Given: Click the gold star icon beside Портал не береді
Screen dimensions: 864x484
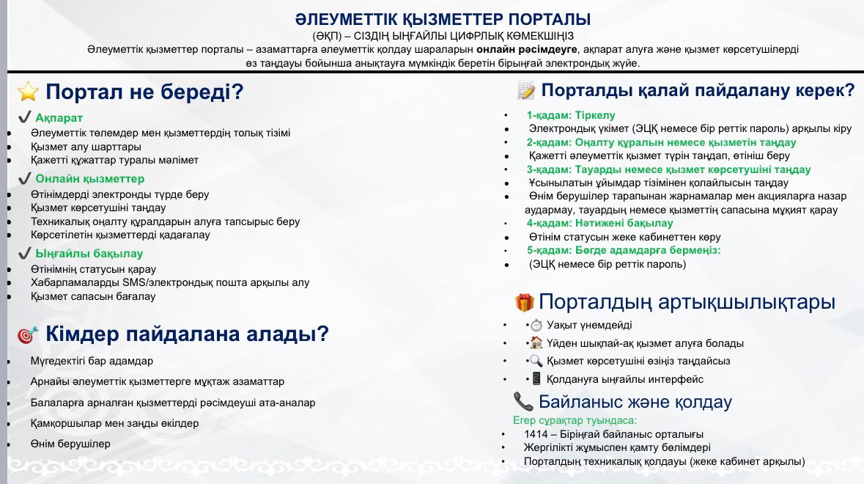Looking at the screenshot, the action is (x=28, y=92).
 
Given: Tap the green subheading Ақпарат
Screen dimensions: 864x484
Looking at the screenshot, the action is (x=59, y=117).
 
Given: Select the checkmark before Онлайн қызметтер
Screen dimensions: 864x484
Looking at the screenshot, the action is (x=24, y=178).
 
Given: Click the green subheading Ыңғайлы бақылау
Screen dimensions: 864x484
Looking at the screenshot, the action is (x=89, y=254).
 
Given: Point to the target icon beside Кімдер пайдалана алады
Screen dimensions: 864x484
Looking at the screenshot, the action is (x=28, y=334).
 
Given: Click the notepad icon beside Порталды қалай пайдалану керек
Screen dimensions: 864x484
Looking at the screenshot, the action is (x=526, y=90).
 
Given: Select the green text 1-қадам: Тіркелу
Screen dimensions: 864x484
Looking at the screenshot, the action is (x=571, y=115).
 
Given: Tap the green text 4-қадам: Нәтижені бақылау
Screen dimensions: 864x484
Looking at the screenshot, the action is (x=599, y=223).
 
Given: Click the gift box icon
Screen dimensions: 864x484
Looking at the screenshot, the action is (x=525, y=302).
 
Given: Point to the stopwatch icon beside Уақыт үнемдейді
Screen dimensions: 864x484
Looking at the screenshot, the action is (x=536, y=326).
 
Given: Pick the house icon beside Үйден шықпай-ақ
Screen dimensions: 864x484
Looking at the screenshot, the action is (x=536, y=343).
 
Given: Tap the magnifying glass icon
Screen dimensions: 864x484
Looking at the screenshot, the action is (x=536, y=361).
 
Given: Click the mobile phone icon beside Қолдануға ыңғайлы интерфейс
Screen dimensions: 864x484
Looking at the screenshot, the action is (x=536, y=378).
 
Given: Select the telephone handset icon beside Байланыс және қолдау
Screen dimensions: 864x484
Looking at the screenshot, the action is (x=523, y=401).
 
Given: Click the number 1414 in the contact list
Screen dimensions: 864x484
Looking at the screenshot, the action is (x=535, y=434).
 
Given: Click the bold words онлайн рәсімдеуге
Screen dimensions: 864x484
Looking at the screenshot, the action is (x=527, y=49).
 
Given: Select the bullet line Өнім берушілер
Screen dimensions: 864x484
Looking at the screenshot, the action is (x=70, y=444).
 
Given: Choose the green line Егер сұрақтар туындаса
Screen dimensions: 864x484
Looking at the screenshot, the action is (x=575, y=420).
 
